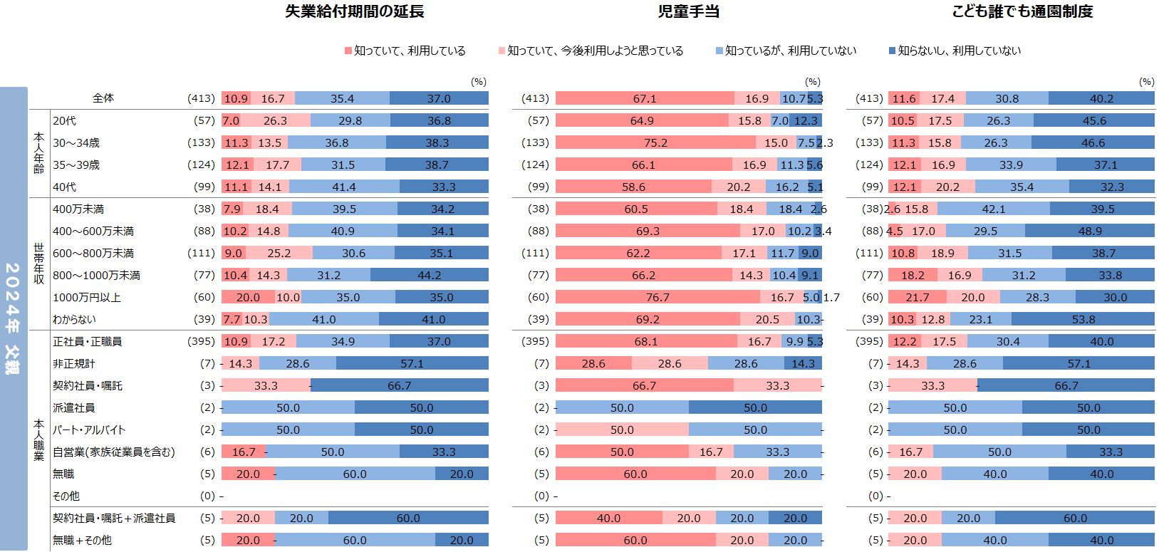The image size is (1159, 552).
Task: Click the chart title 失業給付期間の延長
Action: point(354,11)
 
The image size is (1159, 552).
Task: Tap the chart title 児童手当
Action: point(688,11)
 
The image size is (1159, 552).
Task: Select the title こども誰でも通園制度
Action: point(1022,11)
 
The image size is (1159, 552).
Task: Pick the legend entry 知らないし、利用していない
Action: point(959,51)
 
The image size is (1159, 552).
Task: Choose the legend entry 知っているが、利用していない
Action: point(790,51)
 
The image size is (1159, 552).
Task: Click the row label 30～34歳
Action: point(76,143)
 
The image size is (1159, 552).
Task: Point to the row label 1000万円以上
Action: point(87,298)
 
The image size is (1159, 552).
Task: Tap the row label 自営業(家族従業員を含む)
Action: point(114,452)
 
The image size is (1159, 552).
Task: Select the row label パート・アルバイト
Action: point(89,430)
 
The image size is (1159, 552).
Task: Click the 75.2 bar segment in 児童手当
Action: point(655,143)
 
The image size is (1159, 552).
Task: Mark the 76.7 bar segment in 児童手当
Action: point(658,298)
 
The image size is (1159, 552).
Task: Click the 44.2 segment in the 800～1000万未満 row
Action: point(429,276)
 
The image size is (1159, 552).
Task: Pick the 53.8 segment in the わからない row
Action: point(1083,320)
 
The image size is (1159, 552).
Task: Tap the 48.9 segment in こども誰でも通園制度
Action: point(1089,231)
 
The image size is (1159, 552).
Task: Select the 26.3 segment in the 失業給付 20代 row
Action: point(275,121)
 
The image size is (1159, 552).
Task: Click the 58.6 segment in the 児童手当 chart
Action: point(633,187)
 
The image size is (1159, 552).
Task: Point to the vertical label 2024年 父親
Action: point(13,318)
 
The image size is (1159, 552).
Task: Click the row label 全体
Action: point(103,98)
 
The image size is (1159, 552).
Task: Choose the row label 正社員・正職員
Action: point(87,342)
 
